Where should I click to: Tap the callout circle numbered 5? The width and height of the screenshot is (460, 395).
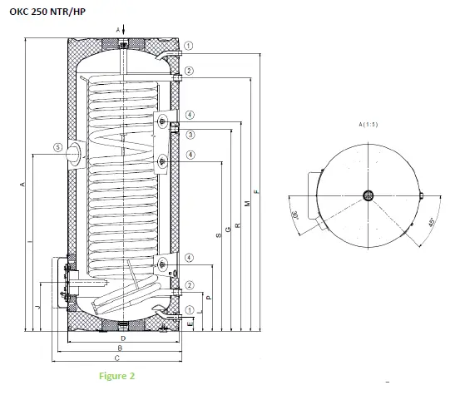pos(57,147)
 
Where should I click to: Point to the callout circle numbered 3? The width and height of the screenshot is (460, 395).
pos(190,135)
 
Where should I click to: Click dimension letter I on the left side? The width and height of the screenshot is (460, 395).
pos(30,242)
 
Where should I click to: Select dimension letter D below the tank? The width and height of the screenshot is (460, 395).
pos(122,339)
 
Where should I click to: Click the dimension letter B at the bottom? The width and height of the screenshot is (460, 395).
pos(120,348)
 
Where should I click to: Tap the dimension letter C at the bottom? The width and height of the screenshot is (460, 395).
pos(117,358)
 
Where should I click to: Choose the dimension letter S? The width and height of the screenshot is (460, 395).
pos(219,236)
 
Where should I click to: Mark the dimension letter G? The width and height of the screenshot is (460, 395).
pos(229,230)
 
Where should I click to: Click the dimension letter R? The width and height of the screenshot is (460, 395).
pos(238,225)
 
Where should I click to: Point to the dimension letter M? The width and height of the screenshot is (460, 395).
pos(248,204)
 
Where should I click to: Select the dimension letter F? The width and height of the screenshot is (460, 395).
pos(258,192)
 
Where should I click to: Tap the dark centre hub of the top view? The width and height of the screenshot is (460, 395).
pos(368,197)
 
